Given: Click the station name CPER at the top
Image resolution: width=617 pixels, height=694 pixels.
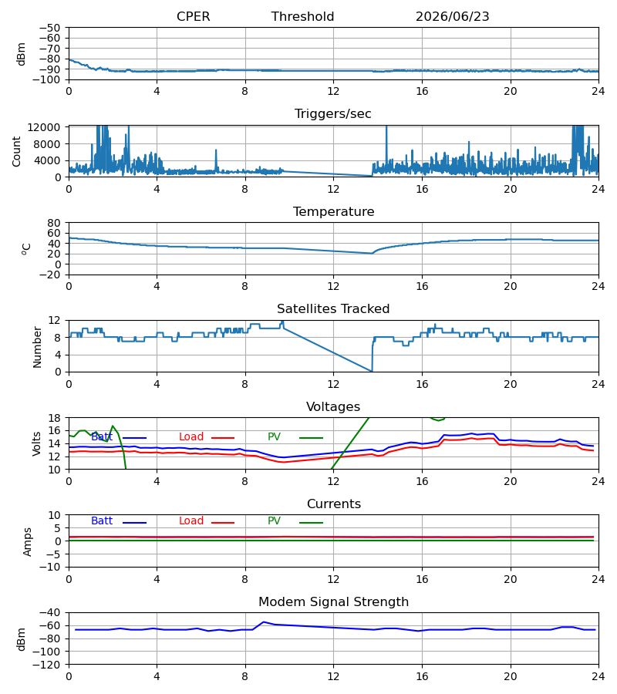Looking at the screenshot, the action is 193,16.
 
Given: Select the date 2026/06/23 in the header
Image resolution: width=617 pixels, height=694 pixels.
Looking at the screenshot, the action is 452,16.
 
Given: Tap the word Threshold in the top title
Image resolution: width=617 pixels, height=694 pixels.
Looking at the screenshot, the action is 302,16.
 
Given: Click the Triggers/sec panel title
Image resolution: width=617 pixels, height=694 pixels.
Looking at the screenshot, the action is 333,114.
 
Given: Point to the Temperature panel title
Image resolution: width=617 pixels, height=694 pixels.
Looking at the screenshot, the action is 333,211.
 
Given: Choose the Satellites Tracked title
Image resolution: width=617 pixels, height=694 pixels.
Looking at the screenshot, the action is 333,309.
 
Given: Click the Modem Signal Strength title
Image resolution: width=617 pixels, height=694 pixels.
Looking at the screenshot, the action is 333,602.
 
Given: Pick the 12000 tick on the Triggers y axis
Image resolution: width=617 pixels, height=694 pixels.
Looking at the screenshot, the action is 44,127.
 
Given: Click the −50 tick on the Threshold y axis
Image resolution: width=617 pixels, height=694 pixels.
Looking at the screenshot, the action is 49,28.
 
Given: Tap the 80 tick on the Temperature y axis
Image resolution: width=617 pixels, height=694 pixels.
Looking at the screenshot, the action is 54,223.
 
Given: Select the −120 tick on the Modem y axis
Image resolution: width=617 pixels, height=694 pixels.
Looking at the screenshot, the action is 47,665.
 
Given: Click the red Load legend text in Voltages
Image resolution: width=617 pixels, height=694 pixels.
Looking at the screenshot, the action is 191,437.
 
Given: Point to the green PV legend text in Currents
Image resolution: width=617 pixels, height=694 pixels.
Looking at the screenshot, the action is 274,521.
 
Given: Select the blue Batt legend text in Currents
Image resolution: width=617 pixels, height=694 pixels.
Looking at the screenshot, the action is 102,521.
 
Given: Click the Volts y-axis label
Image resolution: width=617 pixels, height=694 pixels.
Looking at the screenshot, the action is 36,443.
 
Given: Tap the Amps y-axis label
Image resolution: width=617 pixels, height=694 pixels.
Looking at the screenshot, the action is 27,542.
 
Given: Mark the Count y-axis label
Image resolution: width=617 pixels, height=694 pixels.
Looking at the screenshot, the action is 16,151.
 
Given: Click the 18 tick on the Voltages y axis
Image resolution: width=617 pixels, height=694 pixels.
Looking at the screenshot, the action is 56,418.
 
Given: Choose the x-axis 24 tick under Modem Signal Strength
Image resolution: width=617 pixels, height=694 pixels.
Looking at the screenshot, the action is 598,676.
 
